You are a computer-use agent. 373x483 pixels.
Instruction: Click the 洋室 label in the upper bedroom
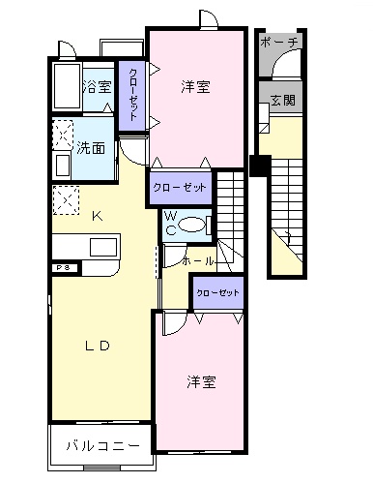[x=195, y=87]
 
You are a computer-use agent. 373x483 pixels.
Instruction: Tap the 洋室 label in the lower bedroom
[x=201, y=381]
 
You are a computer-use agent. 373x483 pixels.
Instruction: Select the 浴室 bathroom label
[x=97, y=87]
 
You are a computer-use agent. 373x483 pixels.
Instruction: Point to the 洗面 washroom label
[x=91, y=150]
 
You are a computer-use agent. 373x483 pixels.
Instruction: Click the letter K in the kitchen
[x=96, y=215]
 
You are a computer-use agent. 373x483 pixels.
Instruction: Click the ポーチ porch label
[x=281, y=43]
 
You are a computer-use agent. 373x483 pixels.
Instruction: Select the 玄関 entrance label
[x=282, y=100]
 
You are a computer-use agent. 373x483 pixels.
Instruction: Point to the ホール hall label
[x=198, y=260]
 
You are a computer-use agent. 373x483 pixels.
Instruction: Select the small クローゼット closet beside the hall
[x=216, y=291]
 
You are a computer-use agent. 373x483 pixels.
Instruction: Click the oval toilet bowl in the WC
[x=194, y=226]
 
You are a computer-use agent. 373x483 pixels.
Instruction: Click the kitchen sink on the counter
[x=103, y=246]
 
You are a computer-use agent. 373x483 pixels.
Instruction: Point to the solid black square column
[x=258, y=165]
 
